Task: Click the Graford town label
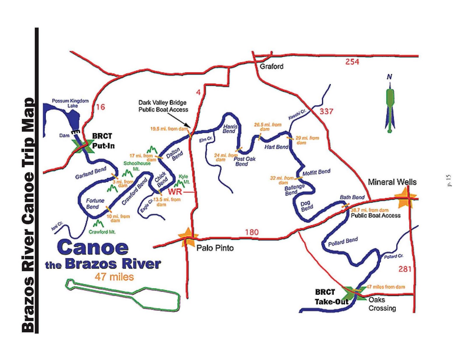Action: (x=271, y=67)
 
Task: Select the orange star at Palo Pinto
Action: (x=187, y=237)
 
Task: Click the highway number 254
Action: (x=352, y=62)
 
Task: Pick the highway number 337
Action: (x=326, y=111)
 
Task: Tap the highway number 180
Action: (x=252, y=232)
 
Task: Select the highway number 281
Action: (x=405, y=269)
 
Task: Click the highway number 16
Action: (x=100, y=107)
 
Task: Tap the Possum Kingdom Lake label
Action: (x=70, y=103)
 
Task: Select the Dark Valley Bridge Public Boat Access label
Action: (x=163, y=106)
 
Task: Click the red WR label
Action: (x=175, y=192)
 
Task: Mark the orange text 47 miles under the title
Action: (x=114, y=277)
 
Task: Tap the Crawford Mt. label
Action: (x=102, y=232)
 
